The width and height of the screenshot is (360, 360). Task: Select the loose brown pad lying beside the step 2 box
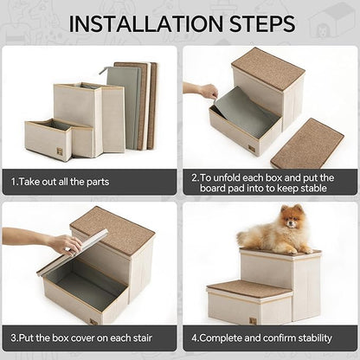(306, 143)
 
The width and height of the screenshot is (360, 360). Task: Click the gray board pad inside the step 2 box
(247, 110)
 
